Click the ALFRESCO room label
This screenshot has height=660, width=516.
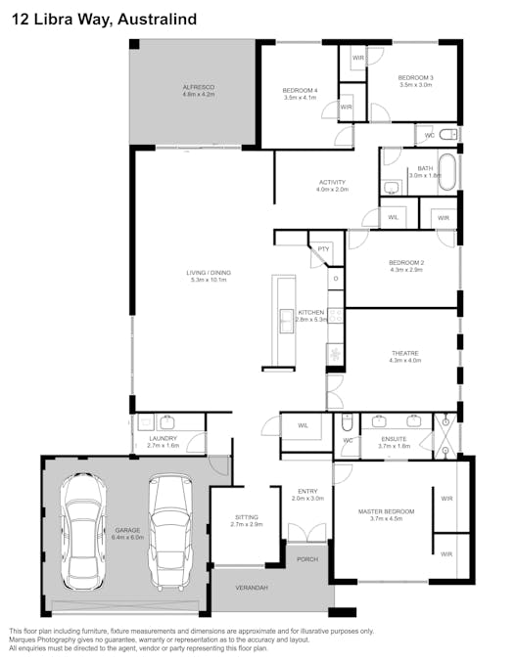(198, 88)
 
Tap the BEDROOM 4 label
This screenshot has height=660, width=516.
(302, 91)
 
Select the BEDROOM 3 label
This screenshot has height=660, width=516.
(416, 78)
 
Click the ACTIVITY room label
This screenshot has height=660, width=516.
(332, 183)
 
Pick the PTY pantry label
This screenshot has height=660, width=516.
(322, 249)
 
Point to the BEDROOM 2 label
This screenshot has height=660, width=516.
(405, 263)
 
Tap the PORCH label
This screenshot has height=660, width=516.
(307, 559)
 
